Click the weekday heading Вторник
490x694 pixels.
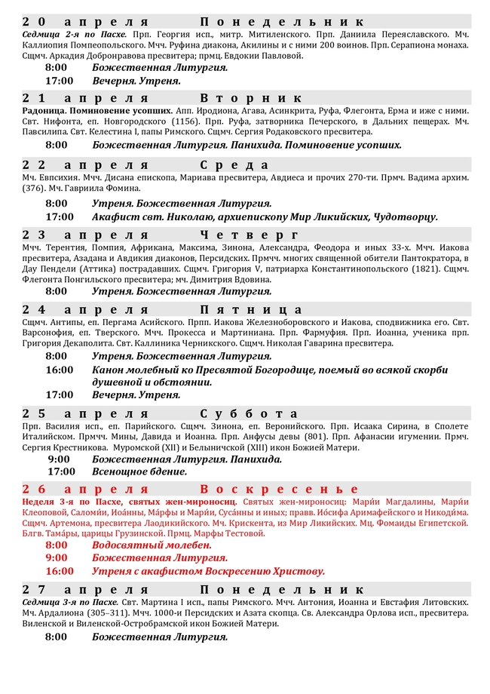coord(252,98)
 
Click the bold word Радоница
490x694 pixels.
coord(44,110)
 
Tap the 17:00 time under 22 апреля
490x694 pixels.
coord(60,216)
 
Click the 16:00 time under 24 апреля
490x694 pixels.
coord(60,370)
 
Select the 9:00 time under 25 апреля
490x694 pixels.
coord(59,459)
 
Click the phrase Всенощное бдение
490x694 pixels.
coord(139,471)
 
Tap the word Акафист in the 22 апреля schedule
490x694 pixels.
coord(117,216)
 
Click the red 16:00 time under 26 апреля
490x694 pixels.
coord(60,571)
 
